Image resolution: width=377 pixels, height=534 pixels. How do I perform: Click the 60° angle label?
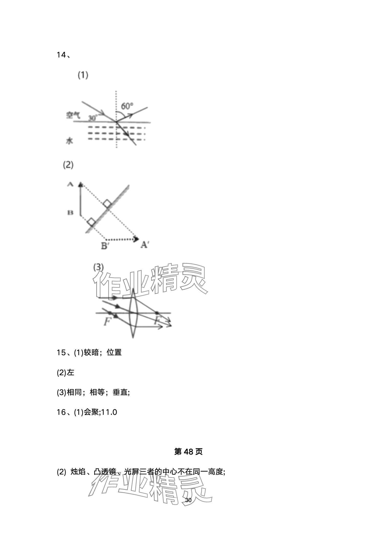127,106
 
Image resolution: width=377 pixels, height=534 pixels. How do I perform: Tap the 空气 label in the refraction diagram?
73,115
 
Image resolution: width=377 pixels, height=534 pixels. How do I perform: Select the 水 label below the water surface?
70,141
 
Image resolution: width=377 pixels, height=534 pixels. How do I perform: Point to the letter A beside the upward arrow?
70,184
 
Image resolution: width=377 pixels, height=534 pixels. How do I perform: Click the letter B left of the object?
70,213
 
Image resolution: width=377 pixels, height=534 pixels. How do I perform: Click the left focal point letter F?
107,322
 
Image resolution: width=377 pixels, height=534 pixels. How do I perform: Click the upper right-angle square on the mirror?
107,204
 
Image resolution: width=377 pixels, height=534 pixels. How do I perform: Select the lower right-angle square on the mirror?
91,222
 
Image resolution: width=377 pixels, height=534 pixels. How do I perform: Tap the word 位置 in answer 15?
114,352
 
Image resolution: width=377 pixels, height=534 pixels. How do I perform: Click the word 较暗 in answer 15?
91,352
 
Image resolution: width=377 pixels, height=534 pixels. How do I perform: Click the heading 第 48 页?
188,452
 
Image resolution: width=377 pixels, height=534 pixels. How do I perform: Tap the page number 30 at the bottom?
188,500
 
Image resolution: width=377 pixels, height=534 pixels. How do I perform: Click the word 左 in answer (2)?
70,372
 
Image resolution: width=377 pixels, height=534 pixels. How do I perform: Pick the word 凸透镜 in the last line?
105,472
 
